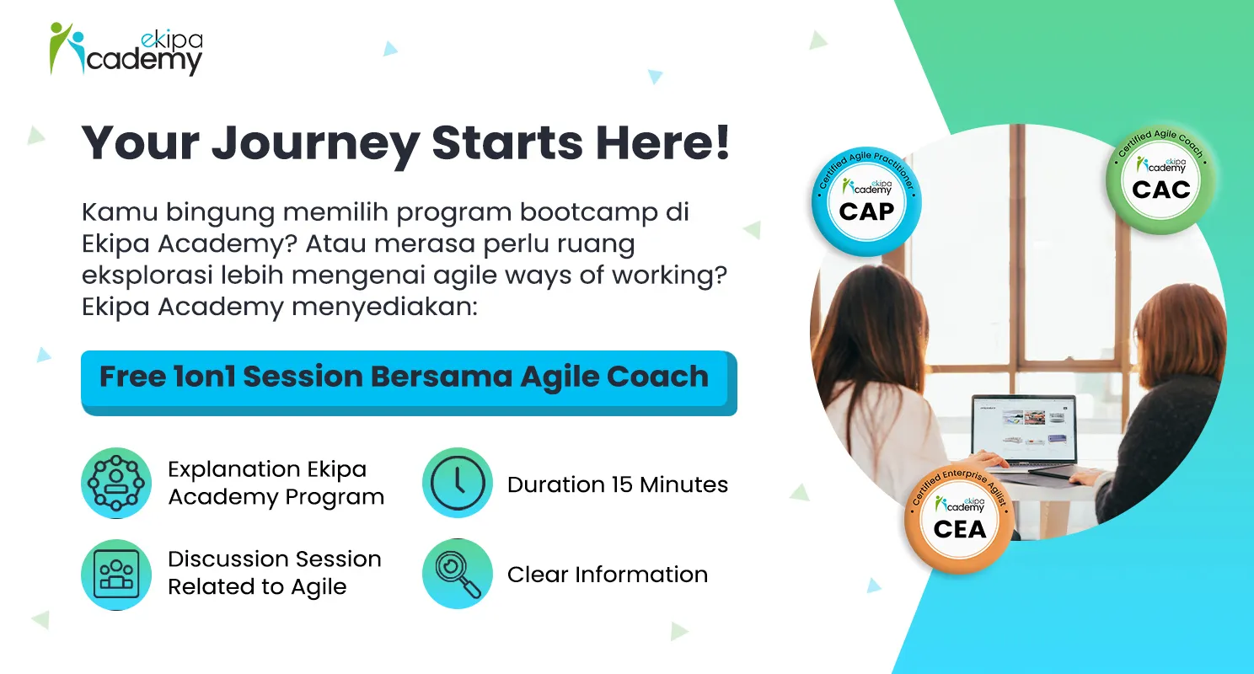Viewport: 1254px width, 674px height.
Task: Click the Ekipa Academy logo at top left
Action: pos(126,49)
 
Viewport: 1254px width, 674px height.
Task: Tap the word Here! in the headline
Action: pos(663,142)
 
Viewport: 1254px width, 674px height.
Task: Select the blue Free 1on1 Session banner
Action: pos(409,382)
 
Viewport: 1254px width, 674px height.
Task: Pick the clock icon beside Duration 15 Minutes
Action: pos(458,483)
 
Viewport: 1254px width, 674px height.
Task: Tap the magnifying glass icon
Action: pos(458,573)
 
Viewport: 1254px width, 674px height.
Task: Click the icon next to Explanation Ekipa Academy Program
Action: pos(116,483)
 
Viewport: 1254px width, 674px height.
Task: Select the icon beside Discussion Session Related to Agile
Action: pos(116,575)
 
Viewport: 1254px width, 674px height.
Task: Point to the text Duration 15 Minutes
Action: pos(618,484)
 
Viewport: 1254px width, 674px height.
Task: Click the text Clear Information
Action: pos(608,575)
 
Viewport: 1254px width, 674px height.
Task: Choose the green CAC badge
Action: pos(1161,179)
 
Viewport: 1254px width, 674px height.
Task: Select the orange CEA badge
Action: pos(960,519)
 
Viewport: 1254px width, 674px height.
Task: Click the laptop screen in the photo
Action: pos(1024,429)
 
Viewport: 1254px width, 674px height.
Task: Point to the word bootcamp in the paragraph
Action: pos(588,212)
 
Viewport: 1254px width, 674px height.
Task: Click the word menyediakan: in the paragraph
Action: pos(384,307)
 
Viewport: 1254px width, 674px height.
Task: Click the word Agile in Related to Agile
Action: pos(319,587)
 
